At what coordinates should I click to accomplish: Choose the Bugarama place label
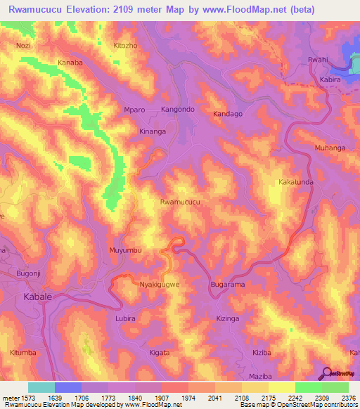coord(228,285)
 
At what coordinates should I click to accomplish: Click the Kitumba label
coord(25,339)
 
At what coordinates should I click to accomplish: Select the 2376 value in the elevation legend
coord(348,397)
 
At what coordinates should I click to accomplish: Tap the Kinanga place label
coord(153,131)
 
